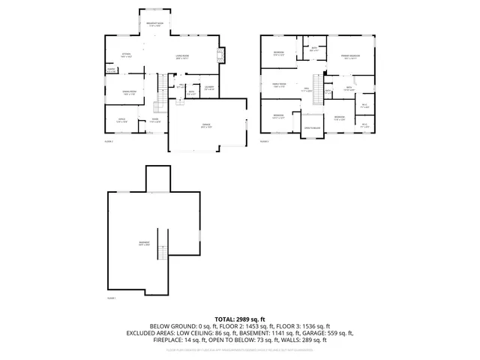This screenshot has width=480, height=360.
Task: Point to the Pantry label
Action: tap(111, 70)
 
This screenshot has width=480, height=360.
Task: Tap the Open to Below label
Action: tap(312, 128)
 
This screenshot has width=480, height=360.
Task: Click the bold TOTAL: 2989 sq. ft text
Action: tap(240, 319)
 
